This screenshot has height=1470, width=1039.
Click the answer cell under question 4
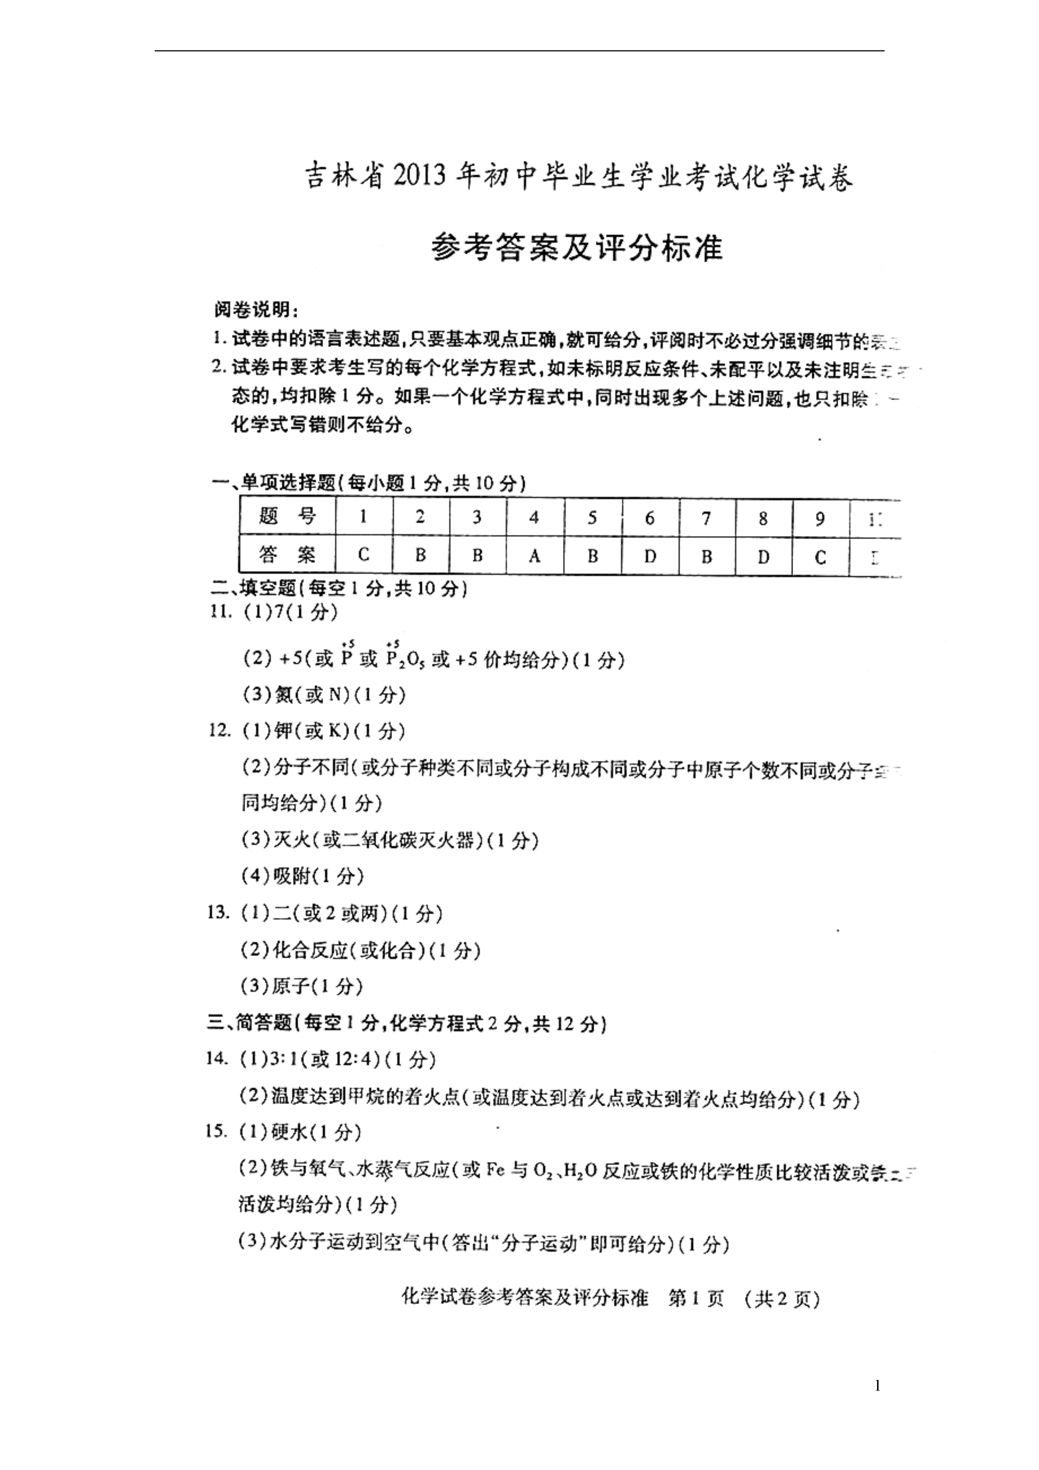(x=535, y=556)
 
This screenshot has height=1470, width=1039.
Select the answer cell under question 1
(x=364, y=555)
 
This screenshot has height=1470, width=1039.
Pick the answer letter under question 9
(x=820, y=557)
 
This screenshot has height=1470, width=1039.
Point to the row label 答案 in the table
(x=288, y=555)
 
